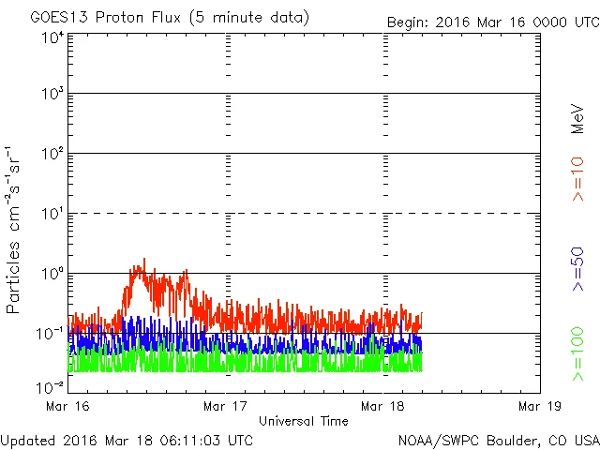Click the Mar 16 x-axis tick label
[68, 406]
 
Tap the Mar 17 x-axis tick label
[225, 406]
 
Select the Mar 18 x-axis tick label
[382, 406]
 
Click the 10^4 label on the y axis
[52, 38]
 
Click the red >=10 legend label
[578, 178]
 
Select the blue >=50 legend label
[578, 270]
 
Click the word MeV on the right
[578, 119]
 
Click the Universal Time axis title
[304, 421]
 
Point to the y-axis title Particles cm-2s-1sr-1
[14, 230]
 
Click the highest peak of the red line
[144, 260]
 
